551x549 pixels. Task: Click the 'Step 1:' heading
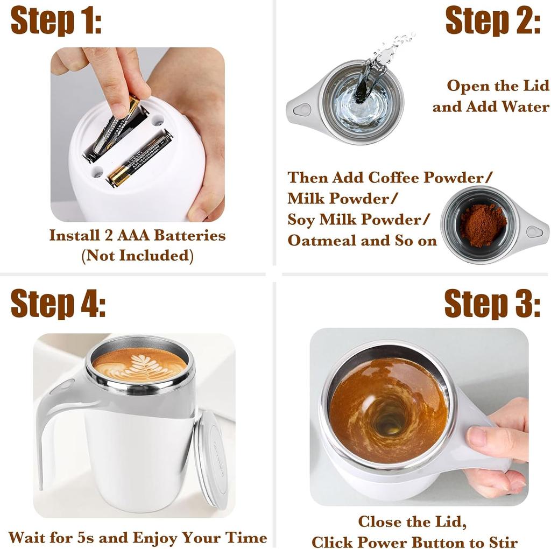click(56, 21)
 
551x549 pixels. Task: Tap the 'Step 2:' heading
click(493, 21)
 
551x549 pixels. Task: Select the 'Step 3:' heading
click(492, 304)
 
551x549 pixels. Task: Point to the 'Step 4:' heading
click(58, 304)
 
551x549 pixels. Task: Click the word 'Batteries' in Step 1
click(190, 235)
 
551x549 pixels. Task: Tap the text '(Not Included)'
click(137, 256)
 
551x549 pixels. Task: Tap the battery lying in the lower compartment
click(140, 158)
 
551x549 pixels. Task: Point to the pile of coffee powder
click(483, 225)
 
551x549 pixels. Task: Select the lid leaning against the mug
click(211, 460)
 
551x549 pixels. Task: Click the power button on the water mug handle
click(302, 110)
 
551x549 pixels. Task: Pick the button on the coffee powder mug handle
click(534, 231)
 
